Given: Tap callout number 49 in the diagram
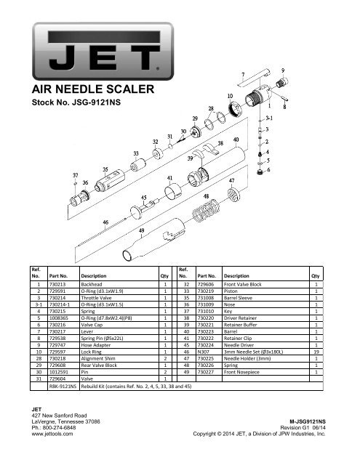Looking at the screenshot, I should (x=141, y=230).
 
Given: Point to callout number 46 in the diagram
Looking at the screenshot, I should (x=107, y=222).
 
